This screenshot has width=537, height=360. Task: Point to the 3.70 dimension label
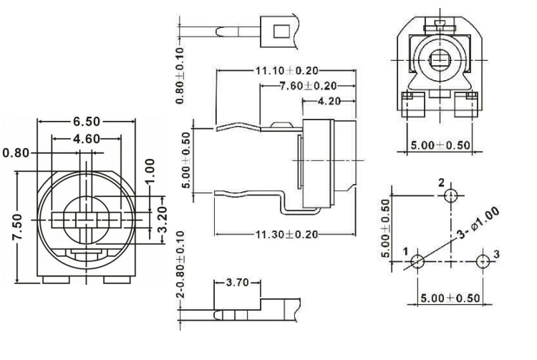point(236,283)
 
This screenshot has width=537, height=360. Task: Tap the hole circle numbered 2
point(450,195)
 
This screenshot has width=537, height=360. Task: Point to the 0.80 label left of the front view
point(17,152)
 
